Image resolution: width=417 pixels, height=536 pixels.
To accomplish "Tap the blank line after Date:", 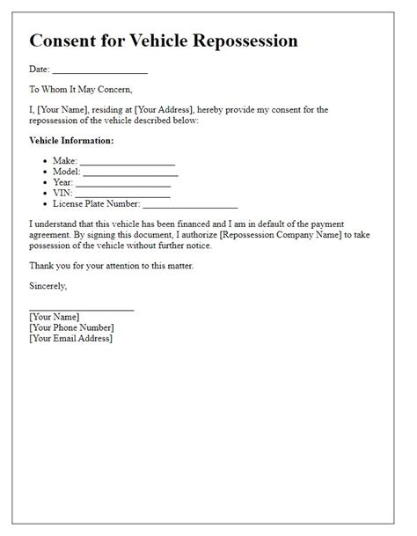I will [99, 70].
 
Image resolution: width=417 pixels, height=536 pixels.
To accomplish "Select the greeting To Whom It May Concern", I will [80, 89].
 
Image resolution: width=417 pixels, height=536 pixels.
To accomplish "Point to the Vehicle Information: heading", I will [71, 140].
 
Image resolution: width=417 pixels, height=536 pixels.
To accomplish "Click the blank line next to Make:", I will [128, 162].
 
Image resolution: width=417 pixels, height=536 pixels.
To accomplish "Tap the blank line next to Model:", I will [130, 173].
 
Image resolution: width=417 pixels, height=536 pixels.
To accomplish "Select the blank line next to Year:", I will [122, 183].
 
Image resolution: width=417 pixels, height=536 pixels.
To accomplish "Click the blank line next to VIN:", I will [122, 194].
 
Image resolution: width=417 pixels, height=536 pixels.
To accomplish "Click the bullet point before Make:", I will [46, 161].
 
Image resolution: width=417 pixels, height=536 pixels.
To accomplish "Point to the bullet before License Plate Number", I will [46, 203].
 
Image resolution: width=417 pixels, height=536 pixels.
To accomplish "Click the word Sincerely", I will [48, 286].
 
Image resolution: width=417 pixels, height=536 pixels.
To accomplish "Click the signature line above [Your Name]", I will [81, 309].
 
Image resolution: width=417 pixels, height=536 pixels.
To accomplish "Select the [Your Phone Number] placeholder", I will [73, 327].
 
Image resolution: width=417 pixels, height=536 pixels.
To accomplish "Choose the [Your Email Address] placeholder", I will [70, 338].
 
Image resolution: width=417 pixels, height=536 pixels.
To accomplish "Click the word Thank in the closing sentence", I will [41, 265].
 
